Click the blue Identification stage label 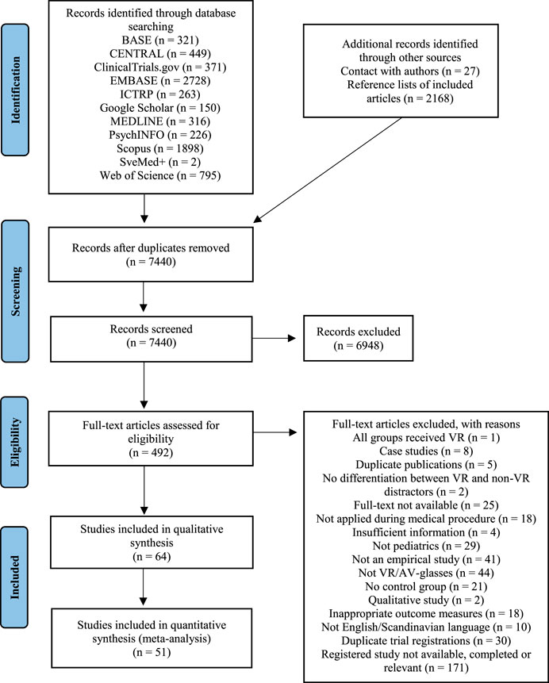point(15,90)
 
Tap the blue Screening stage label point(15,291)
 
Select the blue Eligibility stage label point(15,442)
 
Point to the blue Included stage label point(15,577)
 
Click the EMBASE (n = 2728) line point(160,81)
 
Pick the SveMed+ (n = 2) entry point(160,162)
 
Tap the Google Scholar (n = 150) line point(160,108)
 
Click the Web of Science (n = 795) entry point(160,175)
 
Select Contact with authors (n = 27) point(410,71)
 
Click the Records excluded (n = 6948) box point(358,339)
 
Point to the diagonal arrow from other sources point(327,170)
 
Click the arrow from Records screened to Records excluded point(274,338)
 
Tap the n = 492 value point(152,453)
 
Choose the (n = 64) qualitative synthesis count point(152,557)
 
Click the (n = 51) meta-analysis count point(152,652)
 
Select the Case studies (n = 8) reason point(426,451)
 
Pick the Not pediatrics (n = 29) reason point(426,546)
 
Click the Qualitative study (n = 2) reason point(426,601)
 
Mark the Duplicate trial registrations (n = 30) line point(426,641)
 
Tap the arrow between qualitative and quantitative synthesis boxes point(144,587)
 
